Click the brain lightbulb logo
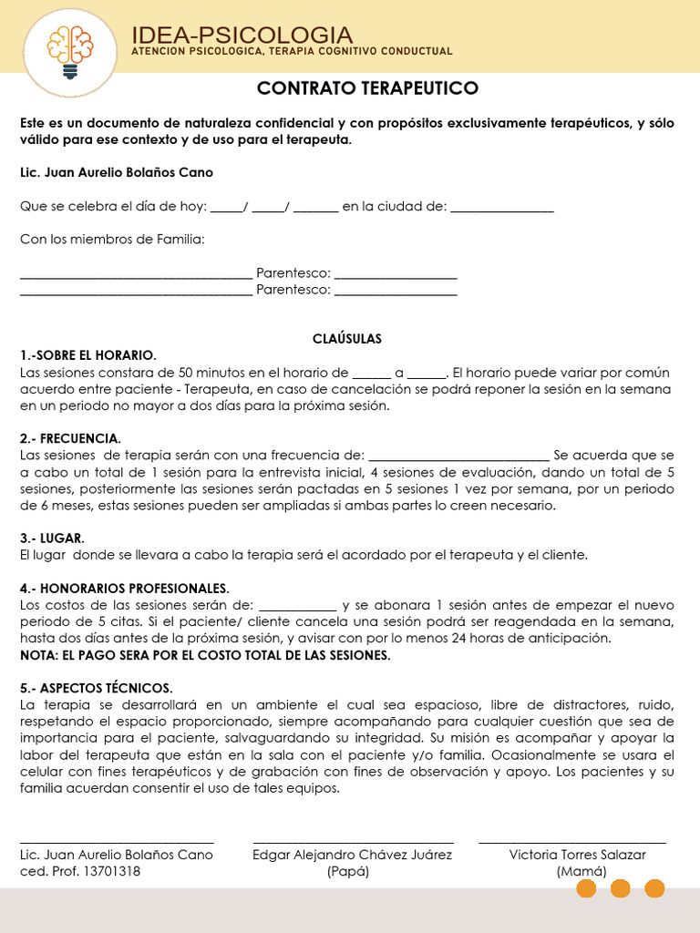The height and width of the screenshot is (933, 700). click(70, 49)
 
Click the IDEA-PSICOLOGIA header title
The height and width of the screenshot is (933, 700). click(242, 35)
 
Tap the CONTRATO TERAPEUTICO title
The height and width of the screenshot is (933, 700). click(367, 87)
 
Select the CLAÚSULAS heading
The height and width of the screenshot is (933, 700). click(347, 339)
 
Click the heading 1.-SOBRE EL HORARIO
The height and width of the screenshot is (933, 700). click(88, 355)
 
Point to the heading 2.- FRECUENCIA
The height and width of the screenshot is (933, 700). click(70, 438)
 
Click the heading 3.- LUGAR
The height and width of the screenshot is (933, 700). click(52, 538)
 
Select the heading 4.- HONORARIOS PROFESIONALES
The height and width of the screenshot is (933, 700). click(125, 588)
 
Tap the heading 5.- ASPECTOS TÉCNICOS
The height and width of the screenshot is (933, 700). click(96, 688)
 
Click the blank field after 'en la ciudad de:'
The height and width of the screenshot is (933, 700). click(502, 208)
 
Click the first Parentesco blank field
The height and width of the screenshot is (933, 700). click(396, 274)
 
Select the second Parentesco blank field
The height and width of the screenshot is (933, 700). click(396, 291)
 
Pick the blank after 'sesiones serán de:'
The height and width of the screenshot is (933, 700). click(298, 606)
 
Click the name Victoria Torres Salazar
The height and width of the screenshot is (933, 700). click(577, 855)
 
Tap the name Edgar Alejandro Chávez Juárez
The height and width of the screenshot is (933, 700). click(352, 855)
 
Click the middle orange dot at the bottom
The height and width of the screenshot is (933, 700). click(620, 888)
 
